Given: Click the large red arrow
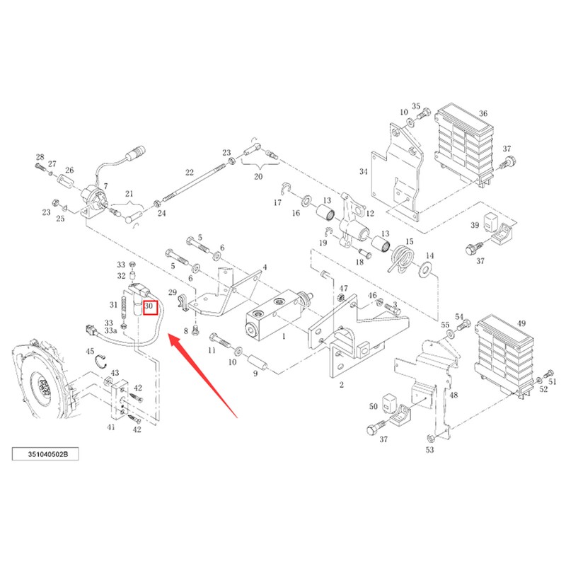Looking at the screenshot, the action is click(x=203, y=376).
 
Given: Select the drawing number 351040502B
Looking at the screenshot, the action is click(x=46, y=454).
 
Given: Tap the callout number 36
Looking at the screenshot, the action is click(x=483, y=113).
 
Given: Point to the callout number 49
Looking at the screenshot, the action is click(x=521, y=323).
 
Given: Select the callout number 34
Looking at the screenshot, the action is click(x=363, y=171).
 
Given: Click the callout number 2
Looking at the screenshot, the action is click(x=342, y=385).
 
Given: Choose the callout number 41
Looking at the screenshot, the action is click(x=111, y=427).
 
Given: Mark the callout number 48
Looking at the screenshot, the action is click(x=454, y=395).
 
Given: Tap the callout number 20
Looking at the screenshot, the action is click(x=258, y=176).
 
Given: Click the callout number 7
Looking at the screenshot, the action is click(x=105, y=186).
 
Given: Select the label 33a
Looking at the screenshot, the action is click(x=111, y=330).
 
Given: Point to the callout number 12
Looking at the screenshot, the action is click(x=370, y=214).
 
